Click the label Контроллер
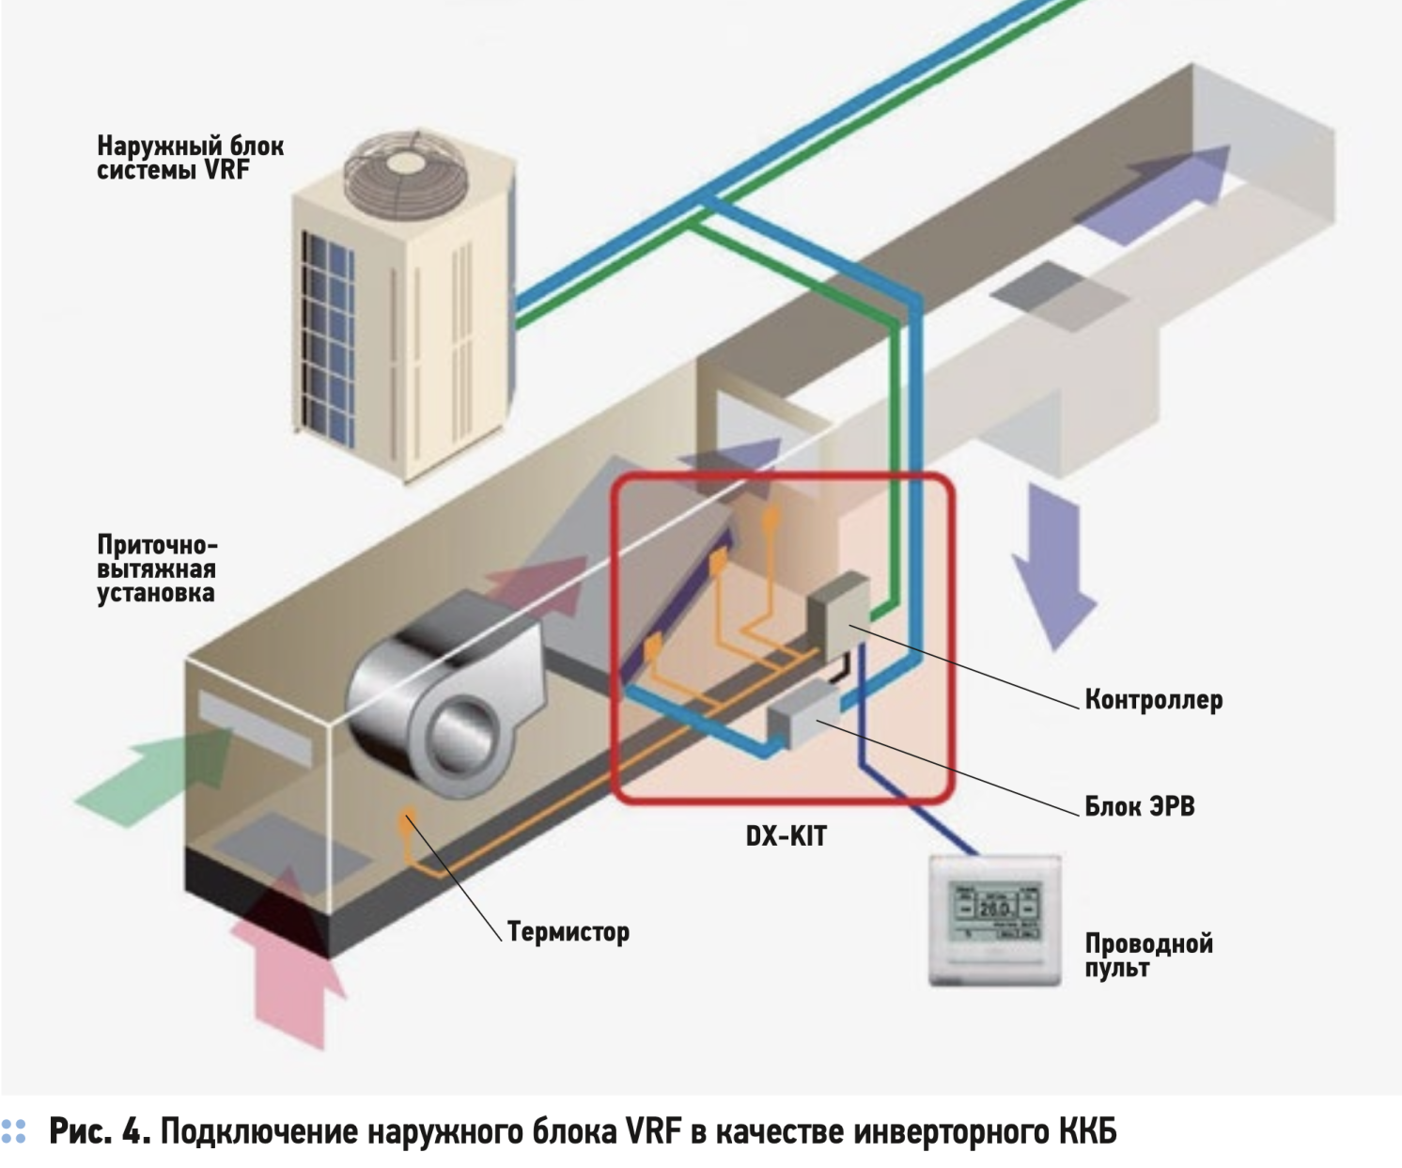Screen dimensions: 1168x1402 (1153, 700)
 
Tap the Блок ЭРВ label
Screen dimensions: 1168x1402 (1139, 806)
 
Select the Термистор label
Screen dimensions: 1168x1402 (568, 932)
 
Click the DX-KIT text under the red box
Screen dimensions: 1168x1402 (786, 835)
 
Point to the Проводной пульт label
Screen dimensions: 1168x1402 (1148, 955)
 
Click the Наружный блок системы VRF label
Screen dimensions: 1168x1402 (190, 158)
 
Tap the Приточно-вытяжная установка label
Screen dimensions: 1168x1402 (156, 569)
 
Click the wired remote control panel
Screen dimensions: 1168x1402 (994, 920)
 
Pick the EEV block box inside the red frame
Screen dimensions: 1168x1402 (802, 716)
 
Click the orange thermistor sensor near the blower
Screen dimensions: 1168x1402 (407, 819)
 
